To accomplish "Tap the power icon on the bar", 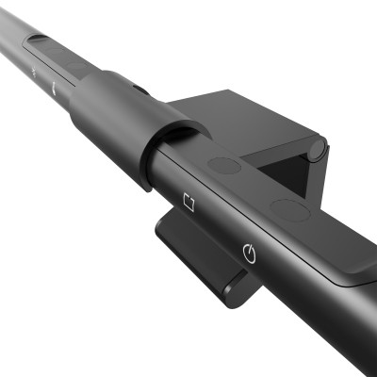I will (x=249, y=252).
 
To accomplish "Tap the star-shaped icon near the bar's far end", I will (x=35, y=72).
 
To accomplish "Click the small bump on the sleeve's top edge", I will (x=139, y=90).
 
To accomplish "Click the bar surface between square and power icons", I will (x=219, y=226).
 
